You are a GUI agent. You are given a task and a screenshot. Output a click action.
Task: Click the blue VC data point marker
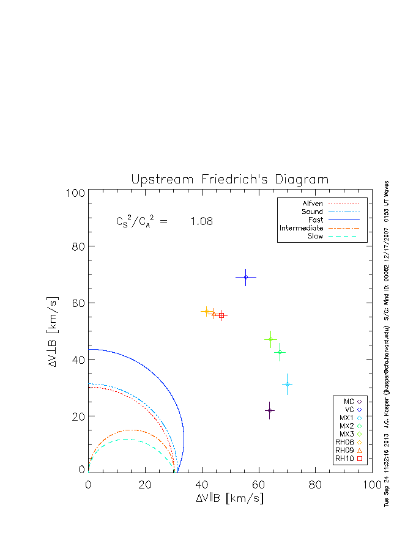246,277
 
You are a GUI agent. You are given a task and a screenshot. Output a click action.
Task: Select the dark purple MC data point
269,410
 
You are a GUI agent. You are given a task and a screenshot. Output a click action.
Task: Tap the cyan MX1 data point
287,384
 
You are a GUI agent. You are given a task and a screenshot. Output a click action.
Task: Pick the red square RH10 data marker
221,315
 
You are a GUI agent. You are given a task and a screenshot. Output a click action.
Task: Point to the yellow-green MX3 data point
270,339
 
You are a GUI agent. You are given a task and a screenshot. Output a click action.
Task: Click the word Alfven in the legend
313,204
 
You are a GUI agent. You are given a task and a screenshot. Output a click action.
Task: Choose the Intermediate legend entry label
301,228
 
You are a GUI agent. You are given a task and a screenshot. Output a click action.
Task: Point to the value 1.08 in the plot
201,221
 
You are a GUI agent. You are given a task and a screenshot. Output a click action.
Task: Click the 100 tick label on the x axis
372,485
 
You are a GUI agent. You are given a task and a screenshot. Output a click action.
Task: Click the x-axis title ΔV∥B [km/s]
229,498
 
